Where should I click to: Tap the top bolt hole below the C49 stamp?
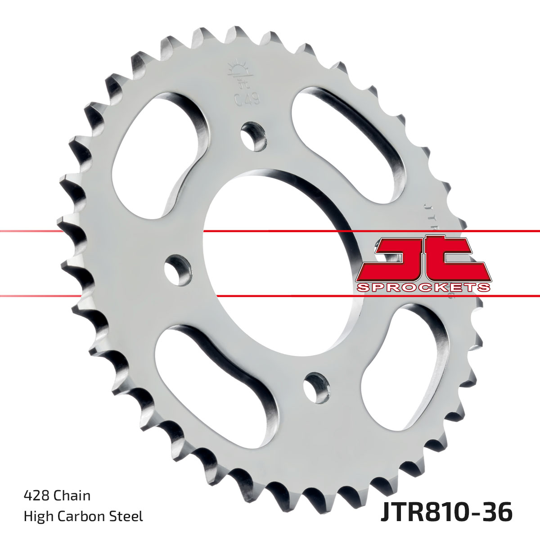(x=253, y=135)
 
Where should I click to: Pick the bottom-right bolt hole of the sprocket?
(x=315, y=387)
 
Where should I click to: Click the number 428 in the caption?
(x=36, y=495)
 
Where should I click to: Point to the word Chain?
(x=72, y=495)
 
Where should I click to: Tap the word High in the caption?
(x=38, y=516)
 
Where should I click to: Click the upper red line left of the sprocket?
(x=27, y=231)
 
